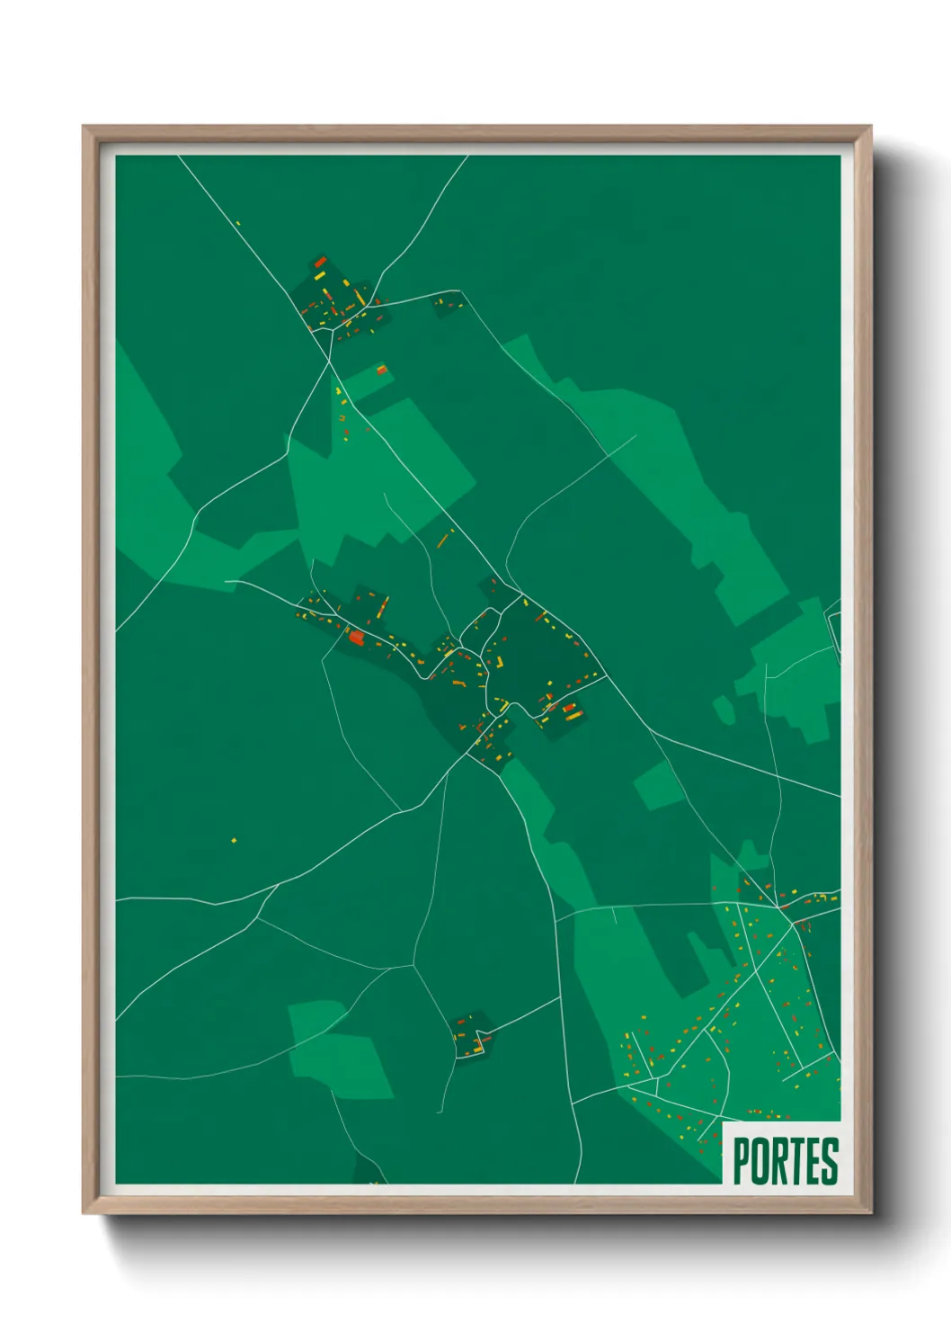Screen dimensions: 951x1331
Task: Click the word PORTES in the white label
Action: pos(785,1161)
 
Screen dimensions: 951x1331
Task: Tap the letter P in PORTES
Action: pos(742,1161)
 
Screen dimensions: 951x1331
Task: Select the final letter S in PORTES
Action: pos(829,1161)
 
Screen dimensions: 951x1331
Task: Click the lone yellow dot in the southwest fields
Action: pos(234,841)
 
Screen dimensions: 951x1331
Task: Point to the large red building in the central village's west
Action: pos(356,638)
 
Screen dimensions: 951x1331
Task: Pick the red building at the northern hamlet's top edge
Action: pos(320,263)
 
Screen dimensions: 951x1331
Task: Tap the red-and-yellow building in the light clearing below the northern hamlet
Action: pos(382,369)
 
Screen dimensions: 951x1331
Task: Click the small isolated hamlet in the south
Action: pos(470,1034)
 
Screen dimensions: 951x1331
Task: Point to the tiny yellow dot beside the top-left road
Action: pos(238,223)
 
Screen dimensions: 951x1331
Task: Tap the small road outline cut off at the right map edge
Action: pos(834,630)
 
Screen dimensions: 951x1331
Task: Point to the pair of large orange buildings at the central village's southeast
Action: pos(568,710)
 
